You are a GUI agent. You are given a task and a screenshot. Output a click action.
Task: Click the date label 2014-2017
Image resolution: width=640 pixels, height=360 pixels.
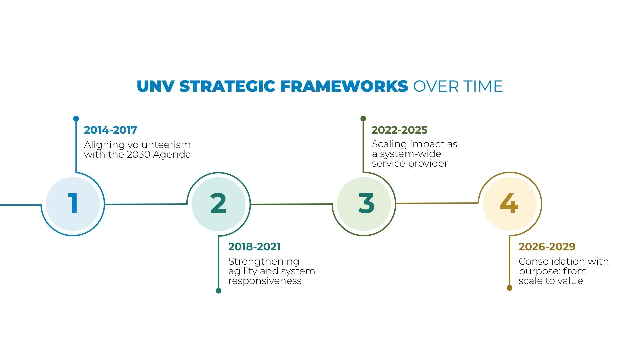coord(110,130)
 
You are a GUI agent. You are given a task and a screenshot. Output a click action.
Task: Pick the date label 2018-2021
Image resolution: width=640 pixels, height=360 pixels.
coord(254,247)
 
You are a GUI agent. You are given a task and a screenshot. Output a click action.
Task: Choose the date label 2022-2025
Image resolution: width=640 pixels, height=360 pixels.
coord(399,130)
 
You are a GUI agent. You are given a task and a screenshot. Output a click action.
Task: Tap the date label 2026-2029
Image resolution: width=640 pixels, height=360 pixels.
coord(547,247)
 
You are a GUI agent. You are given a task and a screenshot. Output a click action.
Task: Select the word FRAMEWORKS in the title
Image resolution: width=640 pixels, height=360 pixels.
coord(344,86)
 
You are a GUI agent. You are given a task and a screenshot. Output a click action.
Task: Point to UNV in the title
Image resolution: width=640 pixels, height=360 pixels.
coord(155,86)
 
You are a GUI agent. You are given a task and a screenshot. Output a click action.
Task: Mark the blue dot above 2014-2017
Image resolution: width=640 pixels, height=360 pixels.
coord(76,119)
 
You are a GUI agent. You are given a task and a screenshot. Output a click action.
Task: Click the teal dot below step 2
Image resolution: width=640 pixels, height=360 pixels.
coord(219,291)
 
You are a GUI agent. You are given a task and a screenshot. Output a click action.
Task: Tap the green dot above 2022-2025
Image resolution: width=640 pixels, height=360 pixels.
coord(363,119)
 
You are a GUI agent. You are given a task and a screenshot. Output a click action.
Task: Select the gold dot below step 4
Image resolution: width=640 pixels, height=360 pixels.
coord(509,288)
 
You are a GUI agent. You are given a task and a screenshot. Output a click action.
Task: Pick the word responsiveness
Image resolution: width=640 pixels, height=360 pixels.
coord(265,281)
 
